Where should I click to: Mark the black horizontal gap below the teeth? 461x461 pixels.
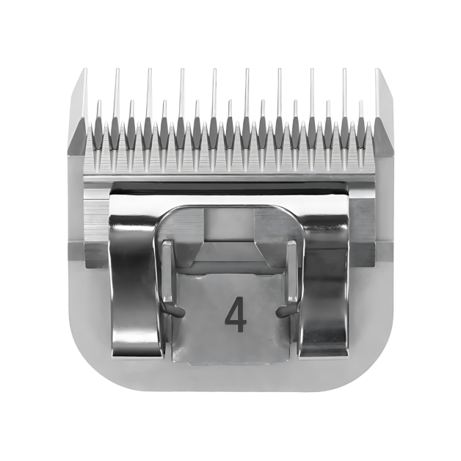[230, 189]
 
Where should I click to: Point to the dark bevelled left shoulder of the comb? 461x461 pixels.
[76, 136]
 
